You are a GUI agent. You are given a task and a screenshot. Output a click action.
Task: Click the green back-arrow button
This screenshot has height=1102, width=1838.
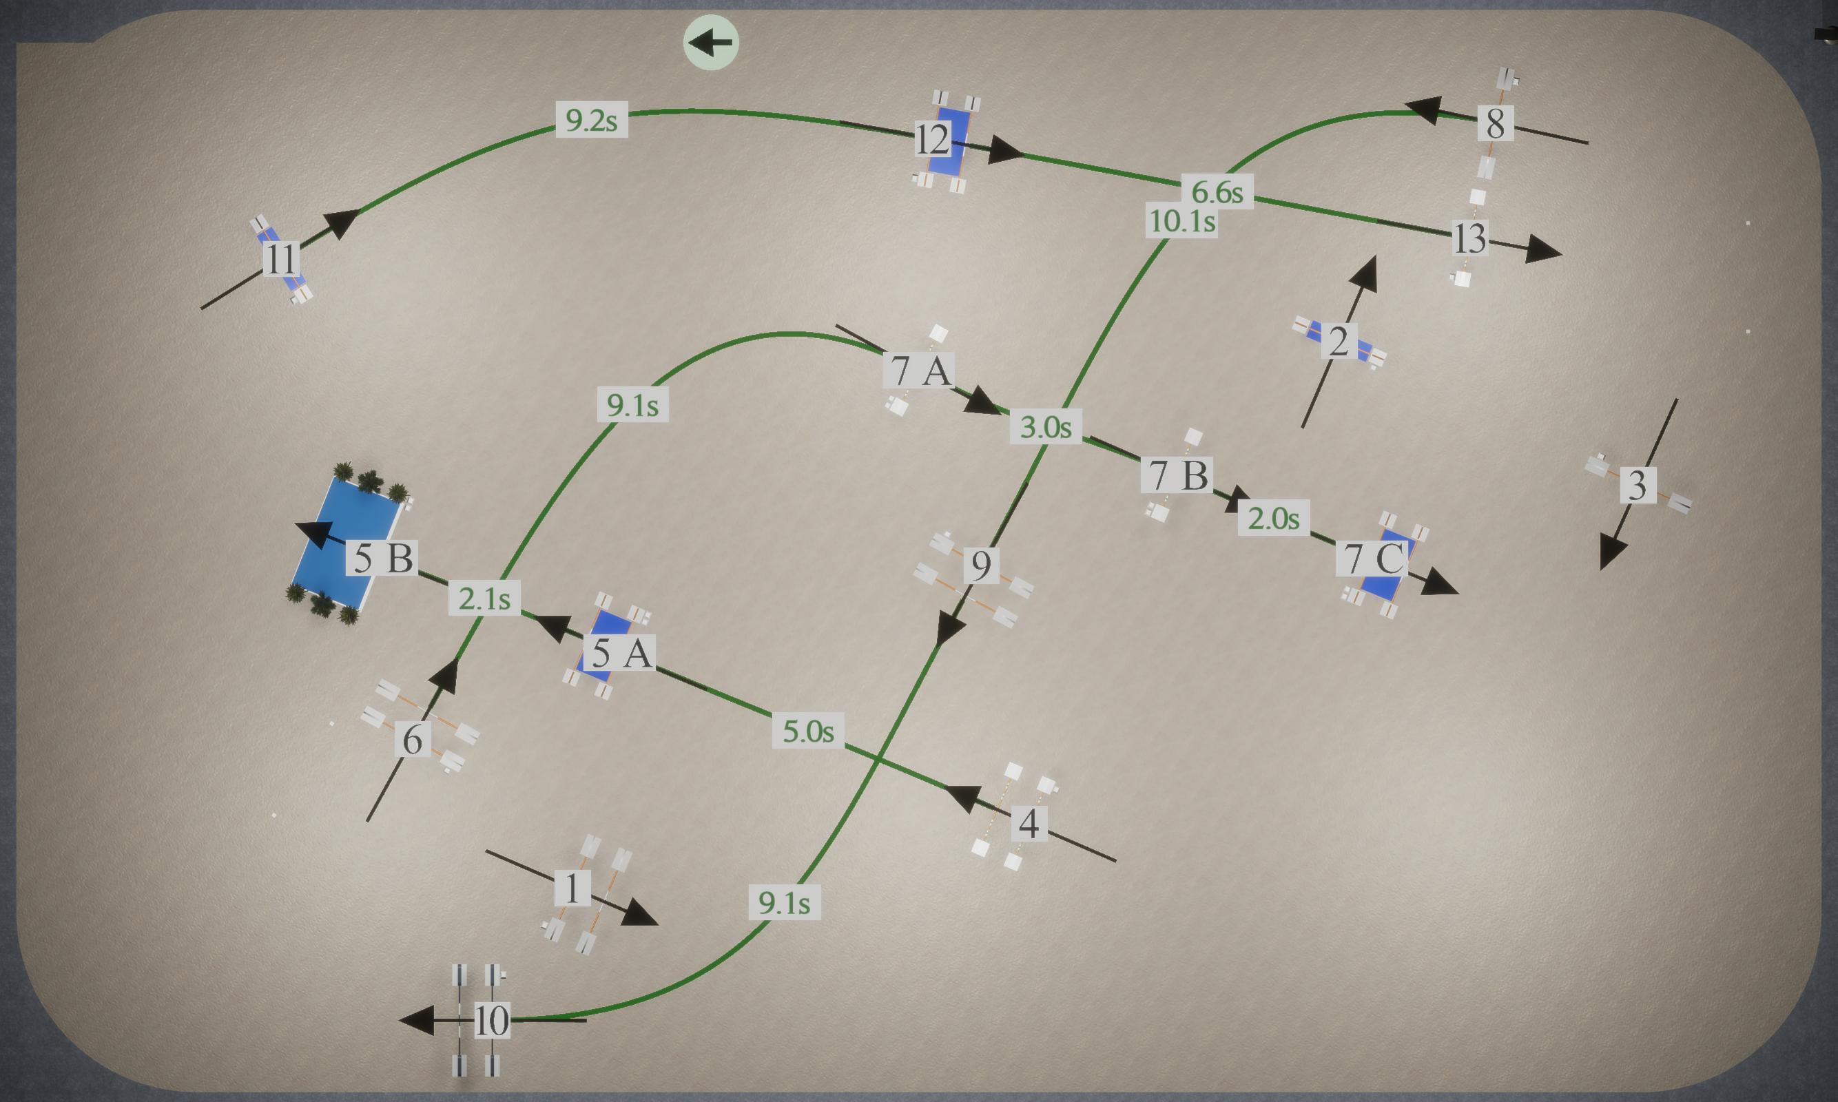(711, 42)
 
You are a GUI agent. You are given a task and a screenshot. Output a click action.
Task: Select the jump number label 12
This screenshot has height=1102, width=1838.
(933, 140)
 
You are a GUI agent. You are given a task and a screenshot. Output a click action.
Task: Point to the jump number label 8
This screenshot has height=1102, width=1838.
(1496, 123)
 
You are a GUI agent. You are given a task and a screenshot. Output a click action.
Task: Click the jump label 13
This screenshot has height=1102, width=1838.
(1469, 238)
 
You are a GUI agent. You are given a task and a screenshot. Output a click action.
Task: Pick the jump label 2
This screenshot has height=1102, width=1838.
(1339, 341)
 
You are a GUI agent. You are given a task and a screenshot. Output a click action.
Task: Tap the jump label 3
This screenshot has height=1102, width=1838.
(1638, 484)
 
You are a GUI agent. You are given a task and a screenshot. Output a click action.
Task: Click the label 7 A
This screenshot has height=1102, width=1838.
(918, 370)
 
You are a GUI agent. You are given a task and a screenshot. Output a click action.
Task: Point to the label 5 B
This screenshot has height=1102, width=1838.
(382, 558)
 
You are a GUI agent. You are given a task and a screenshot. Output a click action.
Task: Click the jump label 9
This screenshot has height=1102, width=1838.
(981, 564)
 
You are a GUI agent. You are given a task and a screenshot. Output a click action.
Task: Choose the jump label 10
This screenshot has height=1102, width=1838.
(492, 1020)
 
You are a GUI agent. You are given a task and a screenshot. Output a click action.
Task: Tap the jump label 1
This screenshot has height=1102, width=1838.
(572, 887)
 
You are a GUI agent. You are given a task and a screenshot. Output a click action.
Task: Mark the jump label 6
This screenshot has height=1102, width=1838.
(412, 739)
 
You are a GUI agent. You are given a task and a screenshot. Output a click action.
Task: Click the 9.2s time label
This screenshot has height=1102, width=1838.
(591, 120)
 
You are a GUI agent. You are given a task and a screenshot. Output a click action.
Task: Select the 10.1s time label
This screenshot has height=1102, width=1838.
(1181, 220)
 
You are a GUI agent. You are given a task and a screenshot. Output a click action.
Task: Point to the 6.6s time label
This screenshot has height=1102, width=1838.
(1217, 191)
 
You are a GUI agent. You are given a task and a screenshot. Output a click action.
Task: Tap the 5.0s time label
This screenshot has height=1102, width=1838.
(808, 731)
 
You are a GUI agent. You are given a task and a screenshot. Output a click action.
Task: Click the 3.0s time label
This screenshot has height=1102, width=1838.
(1046, 426)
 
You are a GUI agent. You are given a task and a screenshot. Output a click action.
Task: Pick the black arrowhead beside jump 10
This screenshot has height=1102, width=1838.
(417, 1020)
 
